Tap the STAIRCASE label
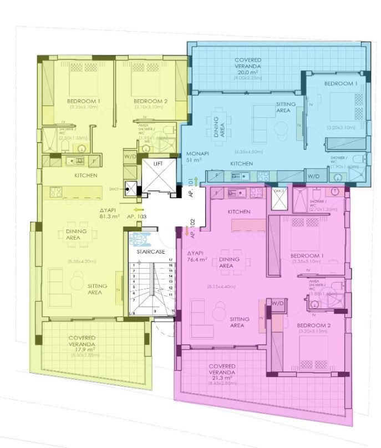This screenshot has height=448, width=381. (149, 252)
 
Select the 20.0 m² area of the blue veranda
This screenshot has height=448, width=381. (248, 73)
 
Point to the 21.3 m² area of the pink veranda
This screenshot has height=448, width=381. (222, 378)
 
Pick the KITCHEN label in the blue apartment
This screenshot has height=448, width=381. (242, 164)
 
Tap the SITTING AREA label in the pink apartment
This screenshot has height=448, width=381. (237, 323)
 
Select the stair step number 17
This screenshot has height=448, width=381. (171, 259)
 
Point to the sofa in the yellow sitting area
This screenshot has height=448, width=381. (57, 286)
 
